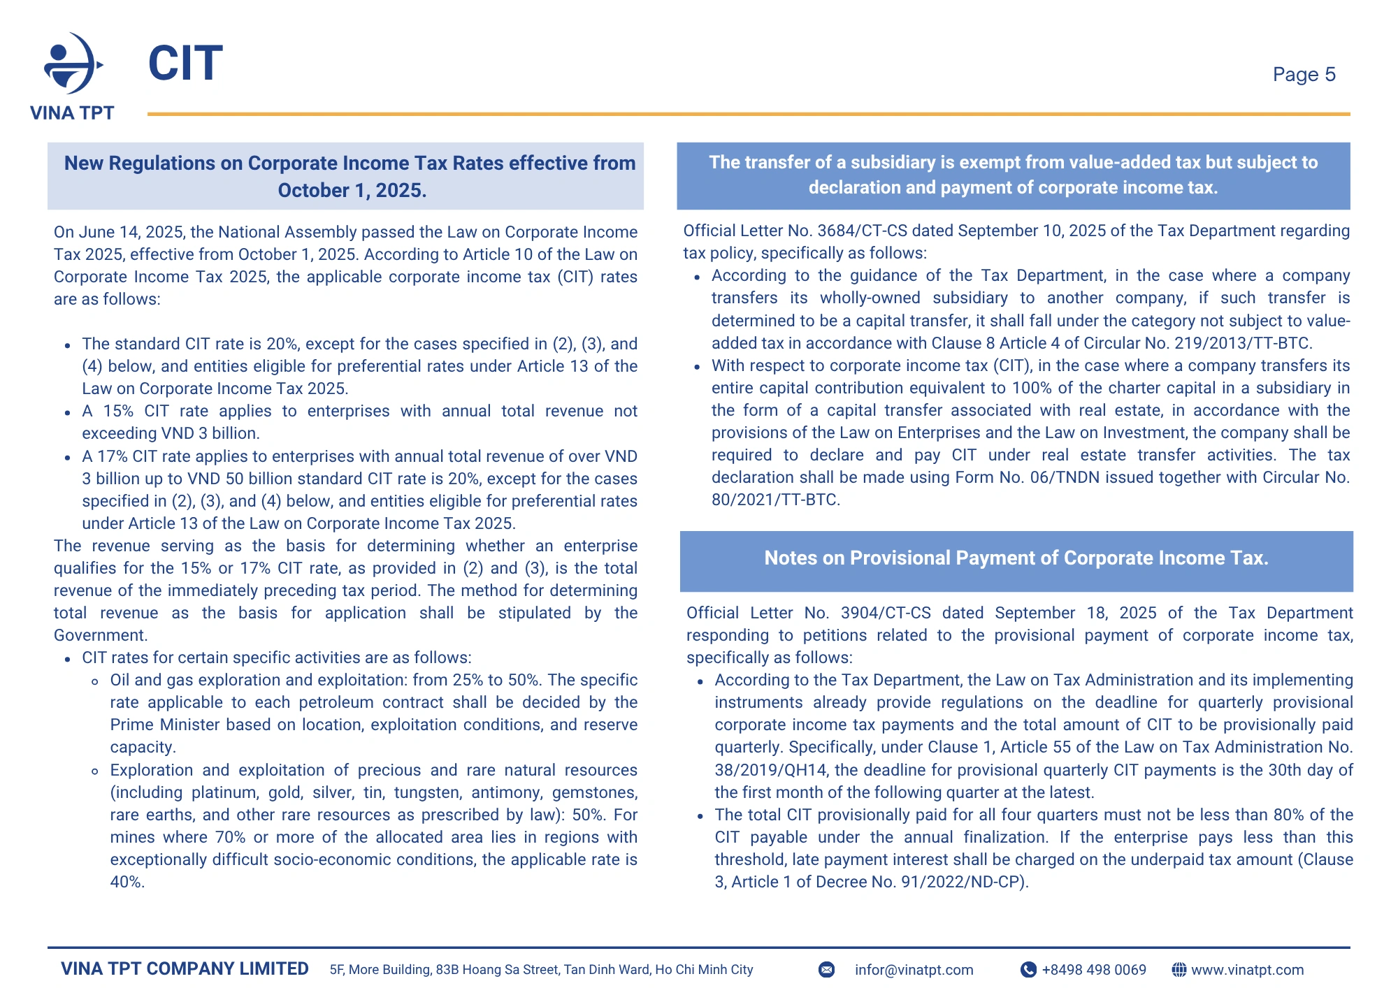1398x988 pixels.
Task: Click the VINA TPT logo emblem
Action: [72, 64]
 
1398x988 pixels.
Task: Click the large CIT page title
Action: [185, 64]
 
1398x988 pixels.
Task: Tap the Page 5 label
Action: [1304, 74]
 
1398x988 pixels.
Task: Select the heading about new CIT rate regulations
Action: [350, 176]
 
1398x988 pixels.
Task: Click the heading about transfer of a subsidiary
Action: [1013, 175]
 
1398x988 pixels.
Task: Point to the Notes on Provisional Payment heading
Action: [1016, 558]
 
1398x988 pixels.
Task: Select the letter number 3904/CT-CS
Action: [886, 613]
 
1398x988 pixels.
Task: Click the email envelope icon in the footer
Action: [826, 970]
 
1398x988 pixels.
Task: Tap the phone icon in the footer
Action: [1028, 970]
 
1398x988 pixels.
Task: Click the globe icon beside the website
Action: [1179, 970]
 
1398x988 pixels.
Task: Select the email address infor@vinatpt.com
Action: [914, 970]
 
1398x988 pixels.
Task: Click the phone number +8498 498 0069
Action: [1094, 970]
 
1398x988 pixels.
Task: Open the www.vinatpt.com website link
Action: [1247, 970]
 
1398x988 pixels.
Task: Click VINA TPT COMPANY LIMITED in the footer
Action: [185, 968]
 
